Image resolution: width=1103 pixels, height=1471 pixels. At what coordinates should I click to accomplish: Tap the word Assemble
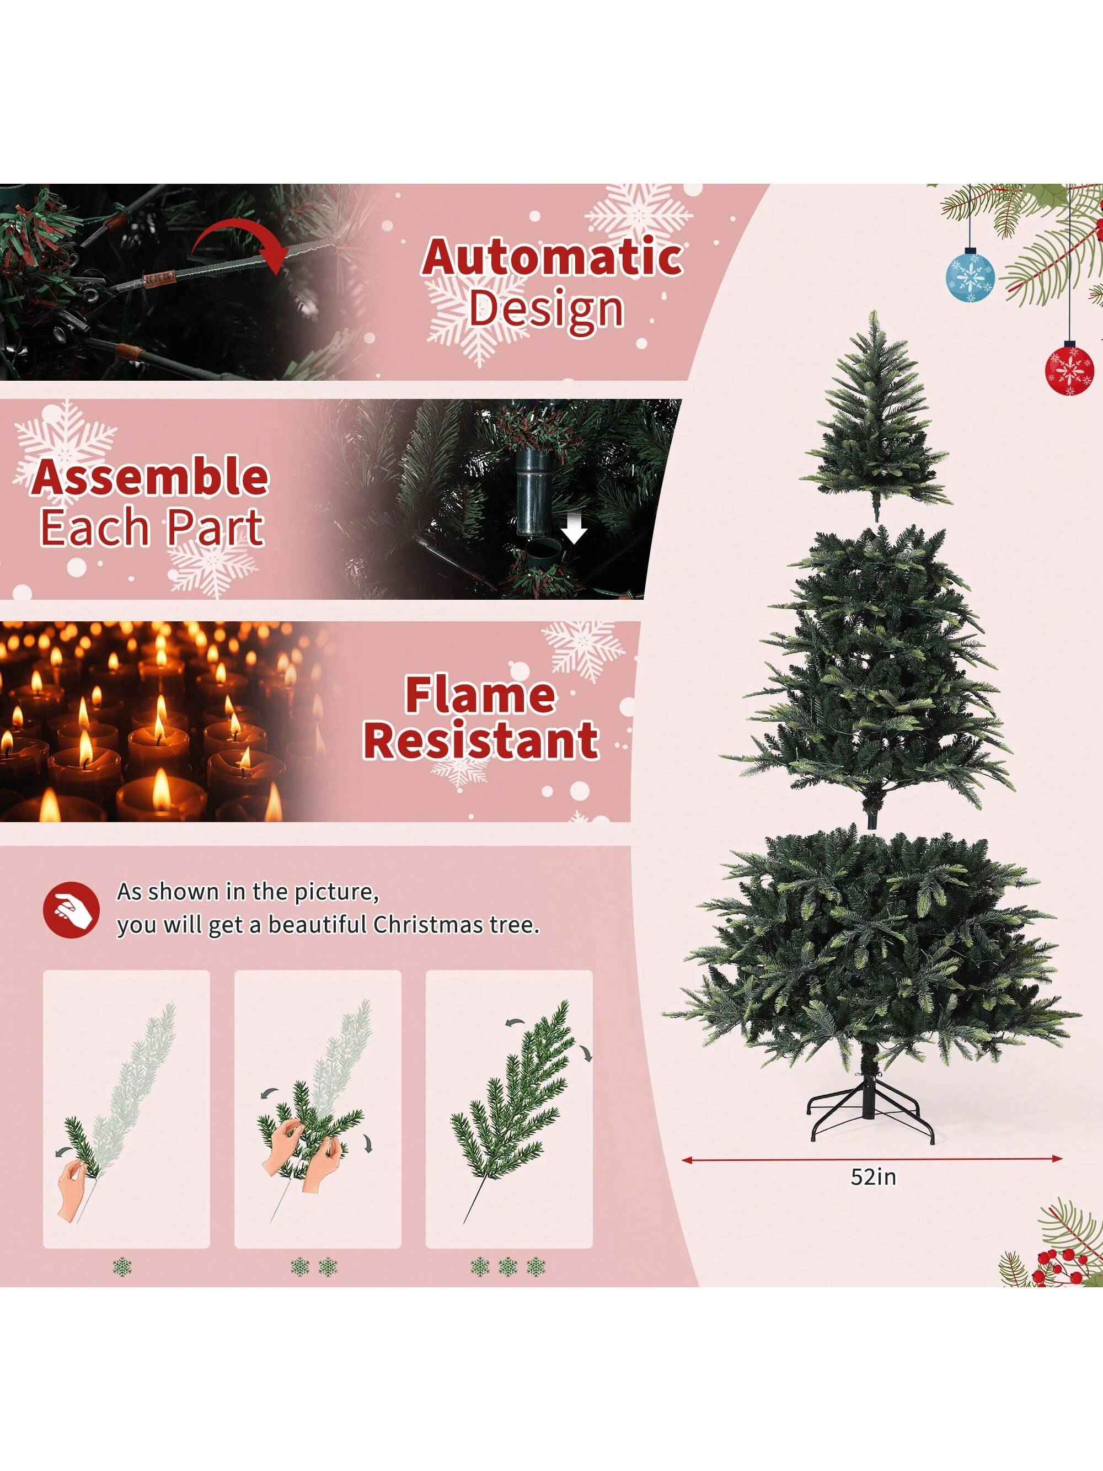(x=150, y=477)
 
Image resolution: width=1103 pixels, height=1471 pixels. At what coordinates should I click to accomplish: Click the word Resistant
(x=481, y=740)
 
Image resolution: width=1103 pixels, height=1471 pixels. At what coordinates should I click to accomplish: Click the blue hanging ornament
(x=970, y=275)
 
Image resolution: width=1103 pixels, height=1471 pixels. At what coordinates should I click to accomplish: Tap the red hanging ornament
(x=1069, y=367)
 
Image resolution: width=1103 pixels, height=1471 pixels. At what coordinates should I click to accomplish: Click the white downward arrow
(x=573, y=530)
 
